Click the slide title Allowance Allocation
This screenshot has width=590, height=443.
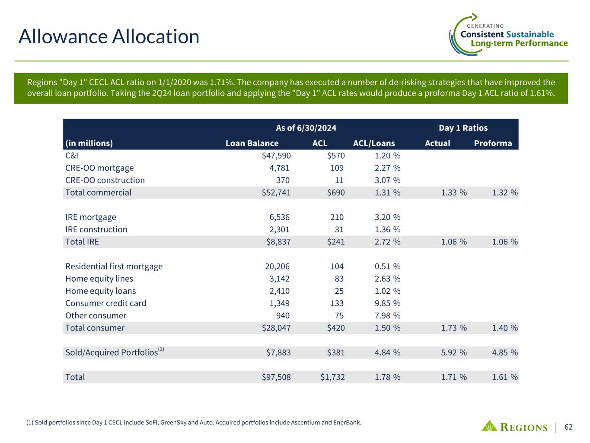coord(108,36)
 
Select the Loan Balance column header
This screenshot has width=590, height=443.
coord(252,143)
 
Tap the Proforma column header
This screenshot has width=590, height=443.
coord(493,143)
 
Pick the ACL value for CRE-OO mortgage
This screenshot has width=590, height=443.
coord(337,168)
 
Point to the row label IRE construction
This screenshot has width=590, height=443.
coord(96,229)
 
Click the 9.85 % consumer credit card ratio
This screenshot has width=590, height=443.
coord(387,303)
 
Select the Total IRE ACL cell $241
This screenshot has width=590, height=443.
coord(335,242)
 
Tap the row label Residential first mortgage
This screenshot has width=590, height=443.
coord(114,266)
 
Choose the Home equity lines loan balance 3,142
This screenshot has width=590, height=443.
coord(279,279)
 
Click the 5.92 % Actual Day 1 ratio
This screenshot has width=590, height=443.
coord(454,353)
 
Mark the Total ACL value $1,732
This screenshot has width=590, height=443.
coord(332,377)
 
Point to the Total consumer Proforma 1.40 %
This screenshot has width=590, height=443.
coord(505,328)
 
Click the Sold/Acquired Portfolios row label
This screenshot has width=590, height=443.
coord(112,353)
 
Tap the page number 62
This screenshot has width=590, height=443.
coord(568,427)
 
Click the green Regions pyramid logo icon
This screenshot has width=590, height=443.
coord(489,426)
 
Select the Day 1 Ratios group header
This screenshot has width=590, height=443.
coord(463,128)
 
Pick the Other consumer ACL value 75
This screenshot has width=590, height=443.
coord(339,316)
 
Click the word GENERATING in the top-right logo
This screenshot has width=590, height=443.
coord(485,26)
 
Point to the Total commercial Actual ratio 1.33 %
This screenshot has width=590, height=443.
coord(454,193)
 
